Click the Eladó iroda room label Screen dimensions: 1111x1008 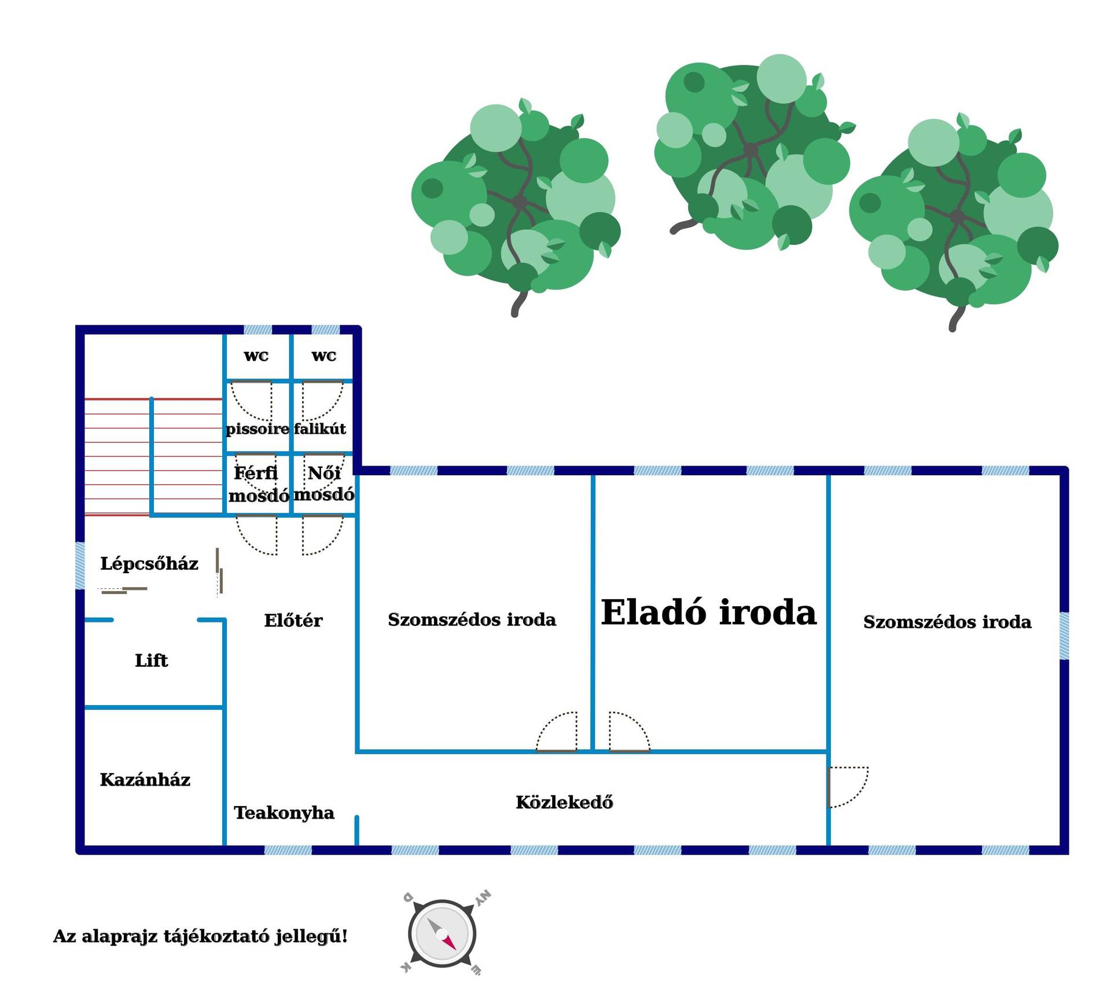tap(708, 612)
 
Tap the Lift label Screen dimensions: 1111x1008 tap(151, 660)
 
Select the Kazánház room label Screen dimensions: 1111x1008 tap(145, 779)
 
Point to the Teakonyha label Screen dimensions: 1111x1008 tap(284, 813)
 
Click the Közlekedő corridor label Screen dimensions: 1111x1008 tap(564, 802)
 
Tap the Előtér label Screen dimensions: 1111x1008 tap(293, 620)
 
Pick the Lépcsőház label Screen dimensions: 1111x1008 tap(149, 563)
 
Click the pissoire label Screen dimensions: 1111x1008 tap(257, 429)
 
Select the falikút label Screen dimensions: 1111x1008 tap(319, 428)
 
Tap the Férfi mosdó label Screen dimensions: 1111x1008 tap(258, 485)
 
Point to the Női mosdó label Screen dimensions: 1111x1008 tap(324, 484)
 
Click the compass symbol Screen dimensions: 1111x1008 tap(443, 934)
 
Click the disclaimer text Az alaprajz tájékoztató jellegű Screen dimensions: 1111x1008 tap(200, 937)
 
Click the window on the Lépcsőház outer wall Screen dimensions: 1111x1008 tap(80, 566)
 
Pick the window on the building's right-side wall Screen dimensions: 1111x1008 tap(1064, 636)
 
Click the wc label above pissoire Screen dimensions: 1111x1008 tap(256, 355)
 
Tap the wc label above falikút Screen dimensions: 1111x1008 tap(323, 355)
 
